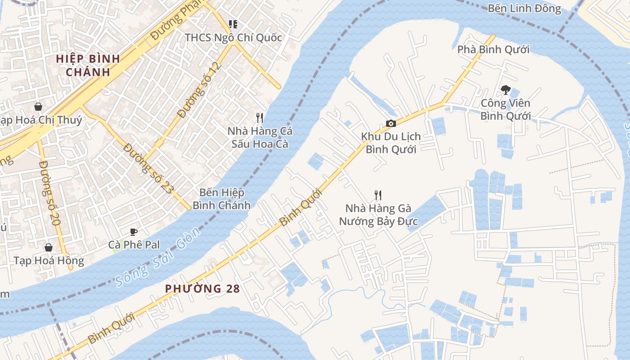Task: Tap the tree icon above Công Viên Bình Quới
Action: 505,90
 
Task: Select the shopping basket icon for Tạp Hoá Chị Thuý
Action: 38,107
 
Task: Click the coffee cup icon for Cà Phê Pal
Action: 133,232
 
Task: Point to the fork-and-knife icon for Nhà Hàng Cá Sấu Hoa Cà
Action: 260,118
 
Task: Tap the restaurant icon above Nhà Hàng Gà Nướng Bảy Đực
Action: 378,195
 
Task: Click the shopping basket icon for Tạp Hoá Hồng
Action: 49,247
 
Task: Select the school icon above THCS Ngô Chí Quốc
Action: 233,24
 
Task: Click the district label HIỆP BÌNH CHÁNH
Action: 88,65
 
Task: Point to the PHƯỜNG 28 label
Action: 202,289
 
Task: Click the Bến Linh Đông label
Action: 524,9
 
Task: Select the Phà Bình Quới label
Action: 493,49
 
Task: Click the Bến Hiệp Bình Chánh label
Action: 221,199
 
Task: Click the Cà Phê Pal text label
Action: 134,245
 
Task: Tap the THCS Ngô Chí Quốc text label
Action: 233,37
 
